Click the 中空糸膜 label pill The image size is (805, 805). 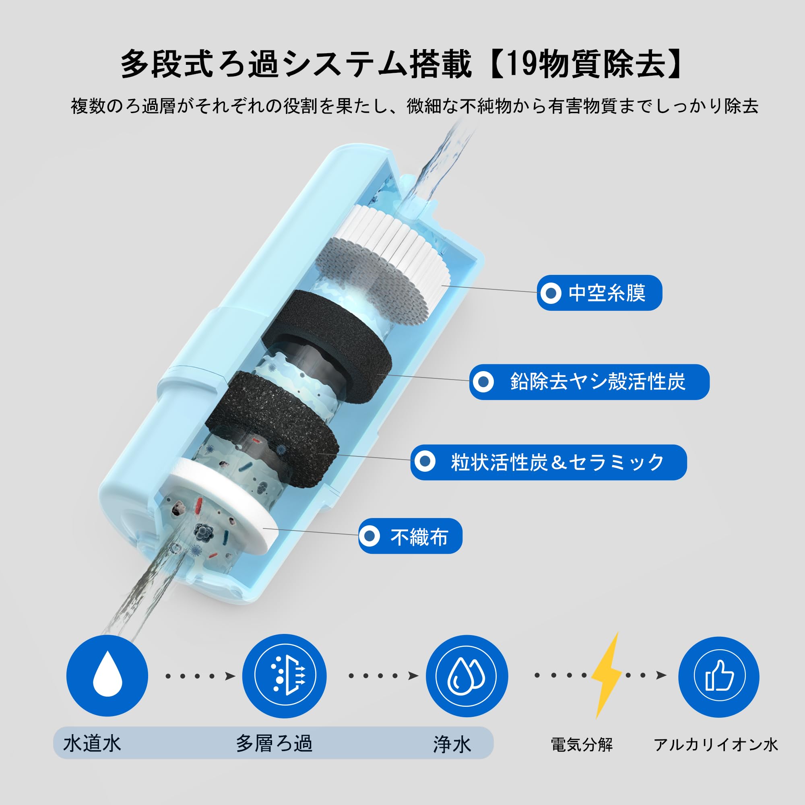(599, 293)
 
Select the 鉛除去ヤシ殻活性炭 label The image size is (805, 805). (589, 382)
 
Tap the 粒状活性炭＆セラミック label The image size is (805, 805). (548, 462)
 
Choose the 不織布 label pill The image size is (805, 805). (410, 536)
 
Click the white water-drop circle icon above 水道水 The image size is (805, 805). (107, 675)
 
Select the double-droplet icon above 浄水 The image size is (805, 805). (466, 675)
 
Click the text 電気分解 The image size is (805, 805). (582, 744)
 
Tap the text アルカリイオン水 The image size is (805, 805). (715, 744)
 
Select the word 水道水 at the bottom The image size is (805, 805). (92, 743)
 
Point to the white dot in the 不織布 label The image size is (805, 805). (369, 536)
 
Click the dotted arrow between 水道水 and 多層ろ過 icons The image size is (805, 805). (200, 676)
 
